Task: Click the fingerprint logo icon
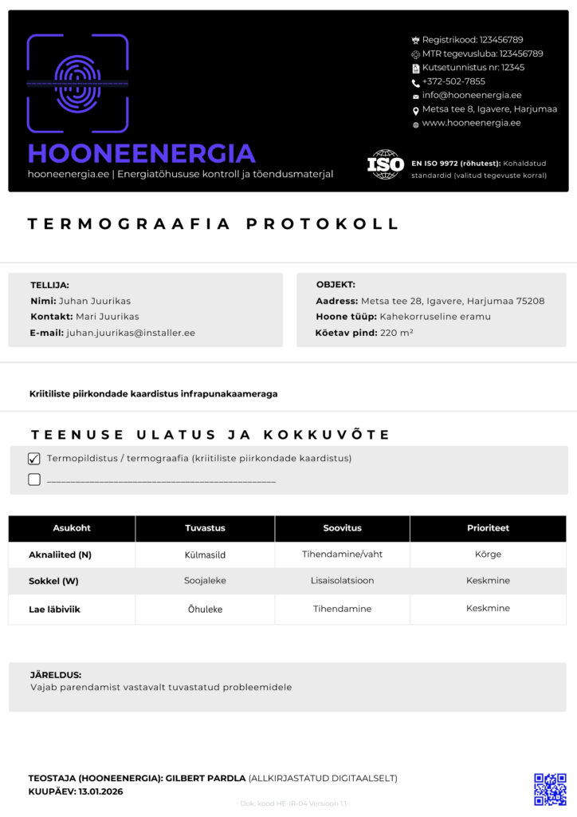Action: (x=77, y=82)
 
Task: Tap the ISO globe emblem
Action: (x=386, y=164)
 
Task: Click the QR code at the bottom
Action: (x=550, y=788)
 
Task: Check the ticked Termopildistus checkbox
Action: (x=34, y=459)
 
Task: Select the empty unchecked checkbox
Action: (x=34, y=480)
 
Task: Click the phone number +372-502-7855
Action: (x=453, y=81)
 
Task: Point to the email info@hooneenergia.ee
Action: (x=472, y=95)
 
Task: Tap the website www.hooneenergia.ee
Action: (x=471, y=123)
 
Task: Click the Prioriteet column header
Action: (x=488, y=528)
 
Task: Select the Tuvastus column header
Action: (x=205, y=528)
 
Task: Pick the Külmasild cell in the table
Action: (x=205, y=555)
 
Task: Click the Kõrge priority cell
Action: (x=488, y=555)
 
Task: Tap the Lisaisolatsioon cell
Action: (x=342, y=581)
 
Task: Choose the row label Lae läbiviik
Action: (x=54, y=609)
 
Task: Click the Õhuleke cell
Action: (x=205, y=609)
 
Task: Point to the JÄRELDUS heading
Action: (x=56, y=675)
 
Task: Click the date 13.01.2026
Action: (x=101, y=791)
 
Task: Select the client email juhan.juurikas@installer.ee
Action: (x=131, y=333)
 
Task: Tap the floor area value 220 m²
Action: (x=396, y=333)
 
